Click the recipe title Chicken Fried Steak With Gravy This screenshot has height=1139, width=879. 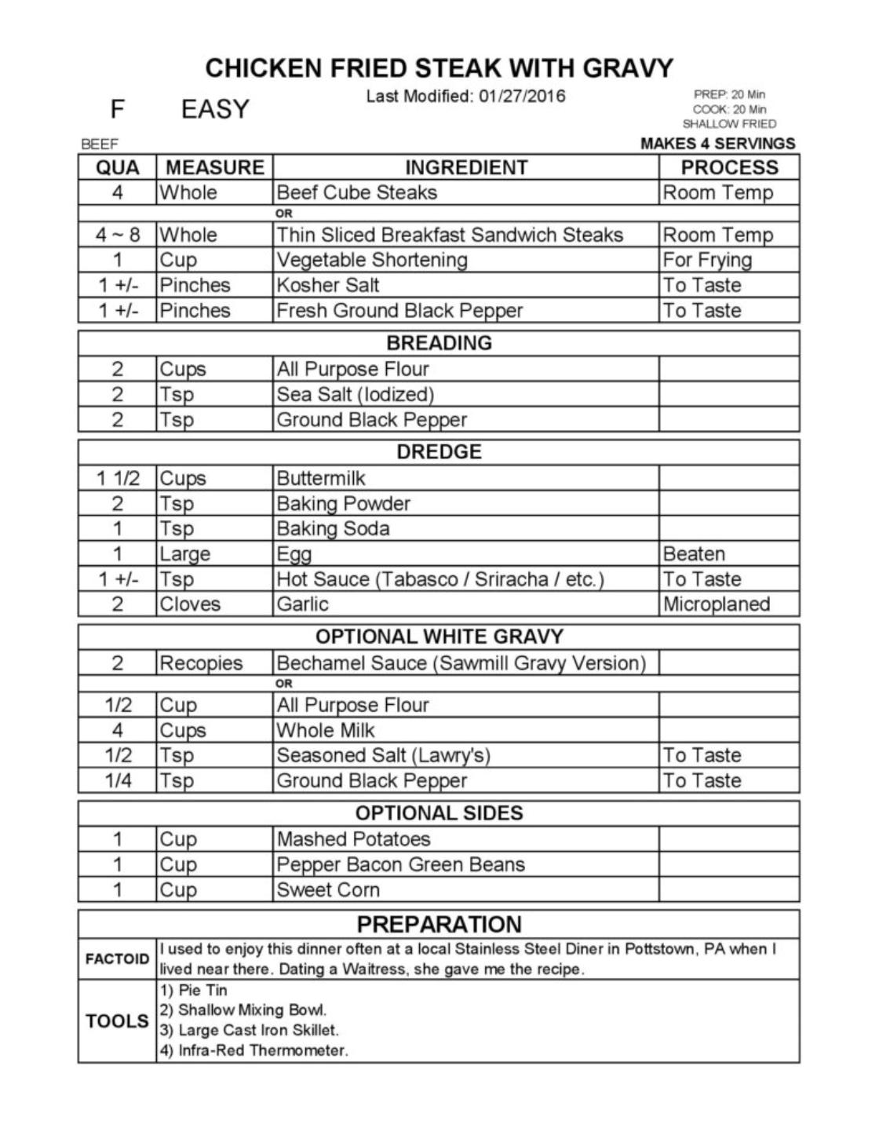(439, 68)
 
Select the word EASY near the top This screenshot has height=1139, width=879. (215, 109)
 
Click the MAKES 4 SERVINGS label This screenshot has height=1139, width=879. (717, 144)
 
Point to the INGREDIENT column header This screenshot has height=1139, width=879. (466, 167)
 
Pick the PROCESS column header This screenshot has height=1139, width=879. (729, 167)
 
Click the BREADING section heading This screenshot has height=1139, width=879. (439, 343)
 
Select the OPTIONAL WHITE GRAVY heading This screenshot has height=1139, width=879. (439, 636)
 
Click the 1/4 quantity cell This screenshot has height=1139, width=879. (118, 780)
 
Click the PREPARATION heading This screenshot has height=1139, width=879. (439, 924)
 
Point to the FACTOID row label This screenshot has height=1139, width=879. (117, 958)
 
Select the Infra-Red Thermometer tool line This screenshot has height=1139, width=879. (254, 1050)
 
